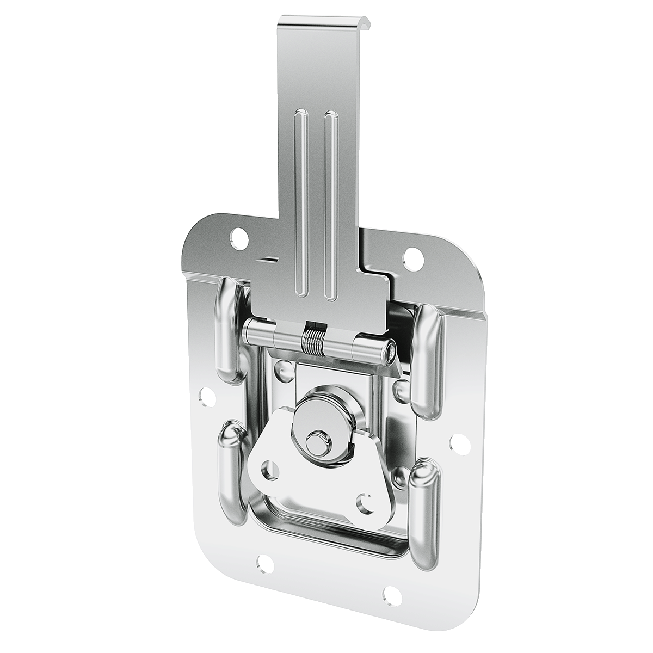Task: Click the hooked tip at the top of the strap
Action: click(326, 24)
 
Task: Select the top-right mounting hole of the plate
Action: click(412, 255)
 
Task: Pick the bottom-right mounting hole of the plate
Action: click(390, 592)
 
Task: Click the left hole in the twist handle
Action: click(268, 466)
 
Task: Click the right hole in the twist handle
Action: click(364, 501)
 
